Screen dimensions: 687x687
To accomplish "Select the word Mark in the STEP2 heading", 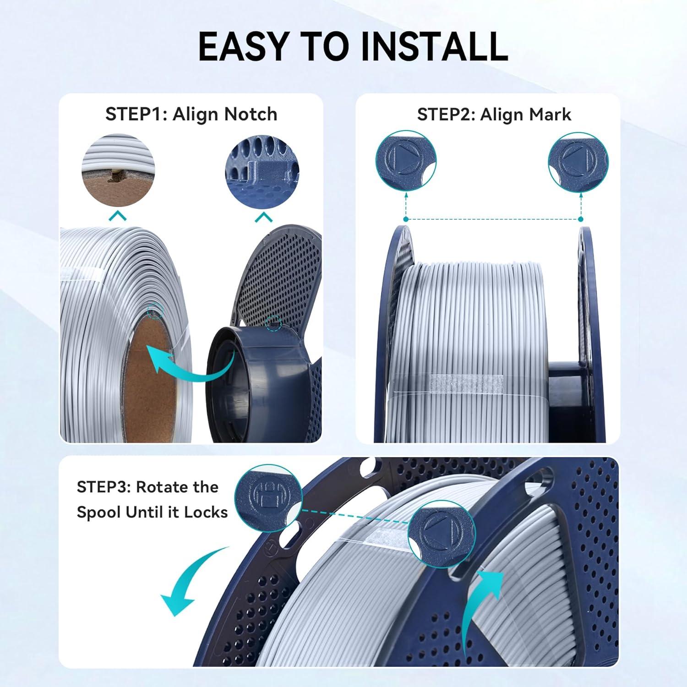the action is coord(551,114).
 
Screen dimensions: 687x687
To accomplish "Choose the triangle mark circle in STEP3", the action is coord(442,534).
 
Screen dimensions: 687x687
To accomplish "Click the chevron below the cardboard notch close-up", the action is coord(118,216).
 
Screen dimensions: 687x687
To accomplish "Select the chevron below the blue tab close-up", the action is coord(263,217).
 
